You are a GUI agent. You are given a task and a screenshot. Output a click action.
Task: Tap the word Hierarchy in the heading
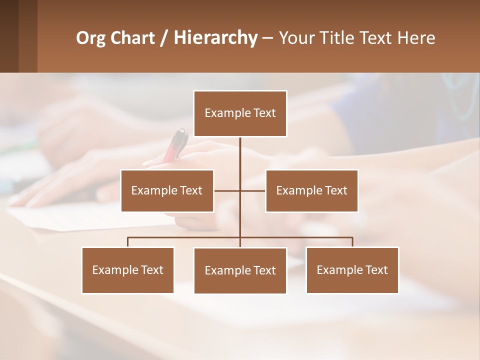coord(215,38)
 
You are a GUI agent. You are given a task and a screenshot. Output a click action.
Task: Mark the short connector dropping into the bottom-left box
coord(128,242)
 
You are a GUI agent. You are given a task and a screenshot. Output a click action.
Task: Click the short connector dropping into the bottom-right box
coord(352,242)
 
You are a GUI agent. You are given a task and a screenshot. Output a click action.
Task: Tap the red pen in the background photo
coord(176,145)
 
